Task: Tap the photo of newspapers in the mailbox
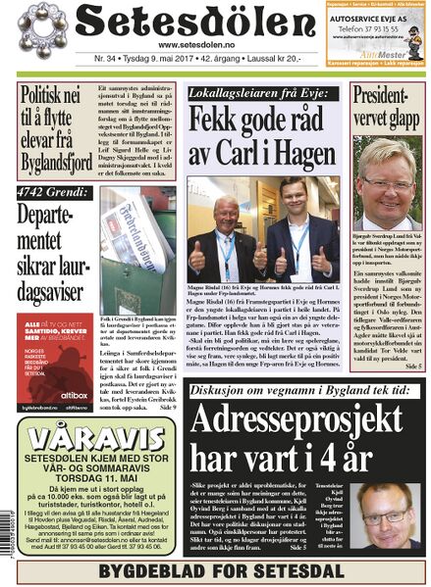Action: [137, 251]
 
